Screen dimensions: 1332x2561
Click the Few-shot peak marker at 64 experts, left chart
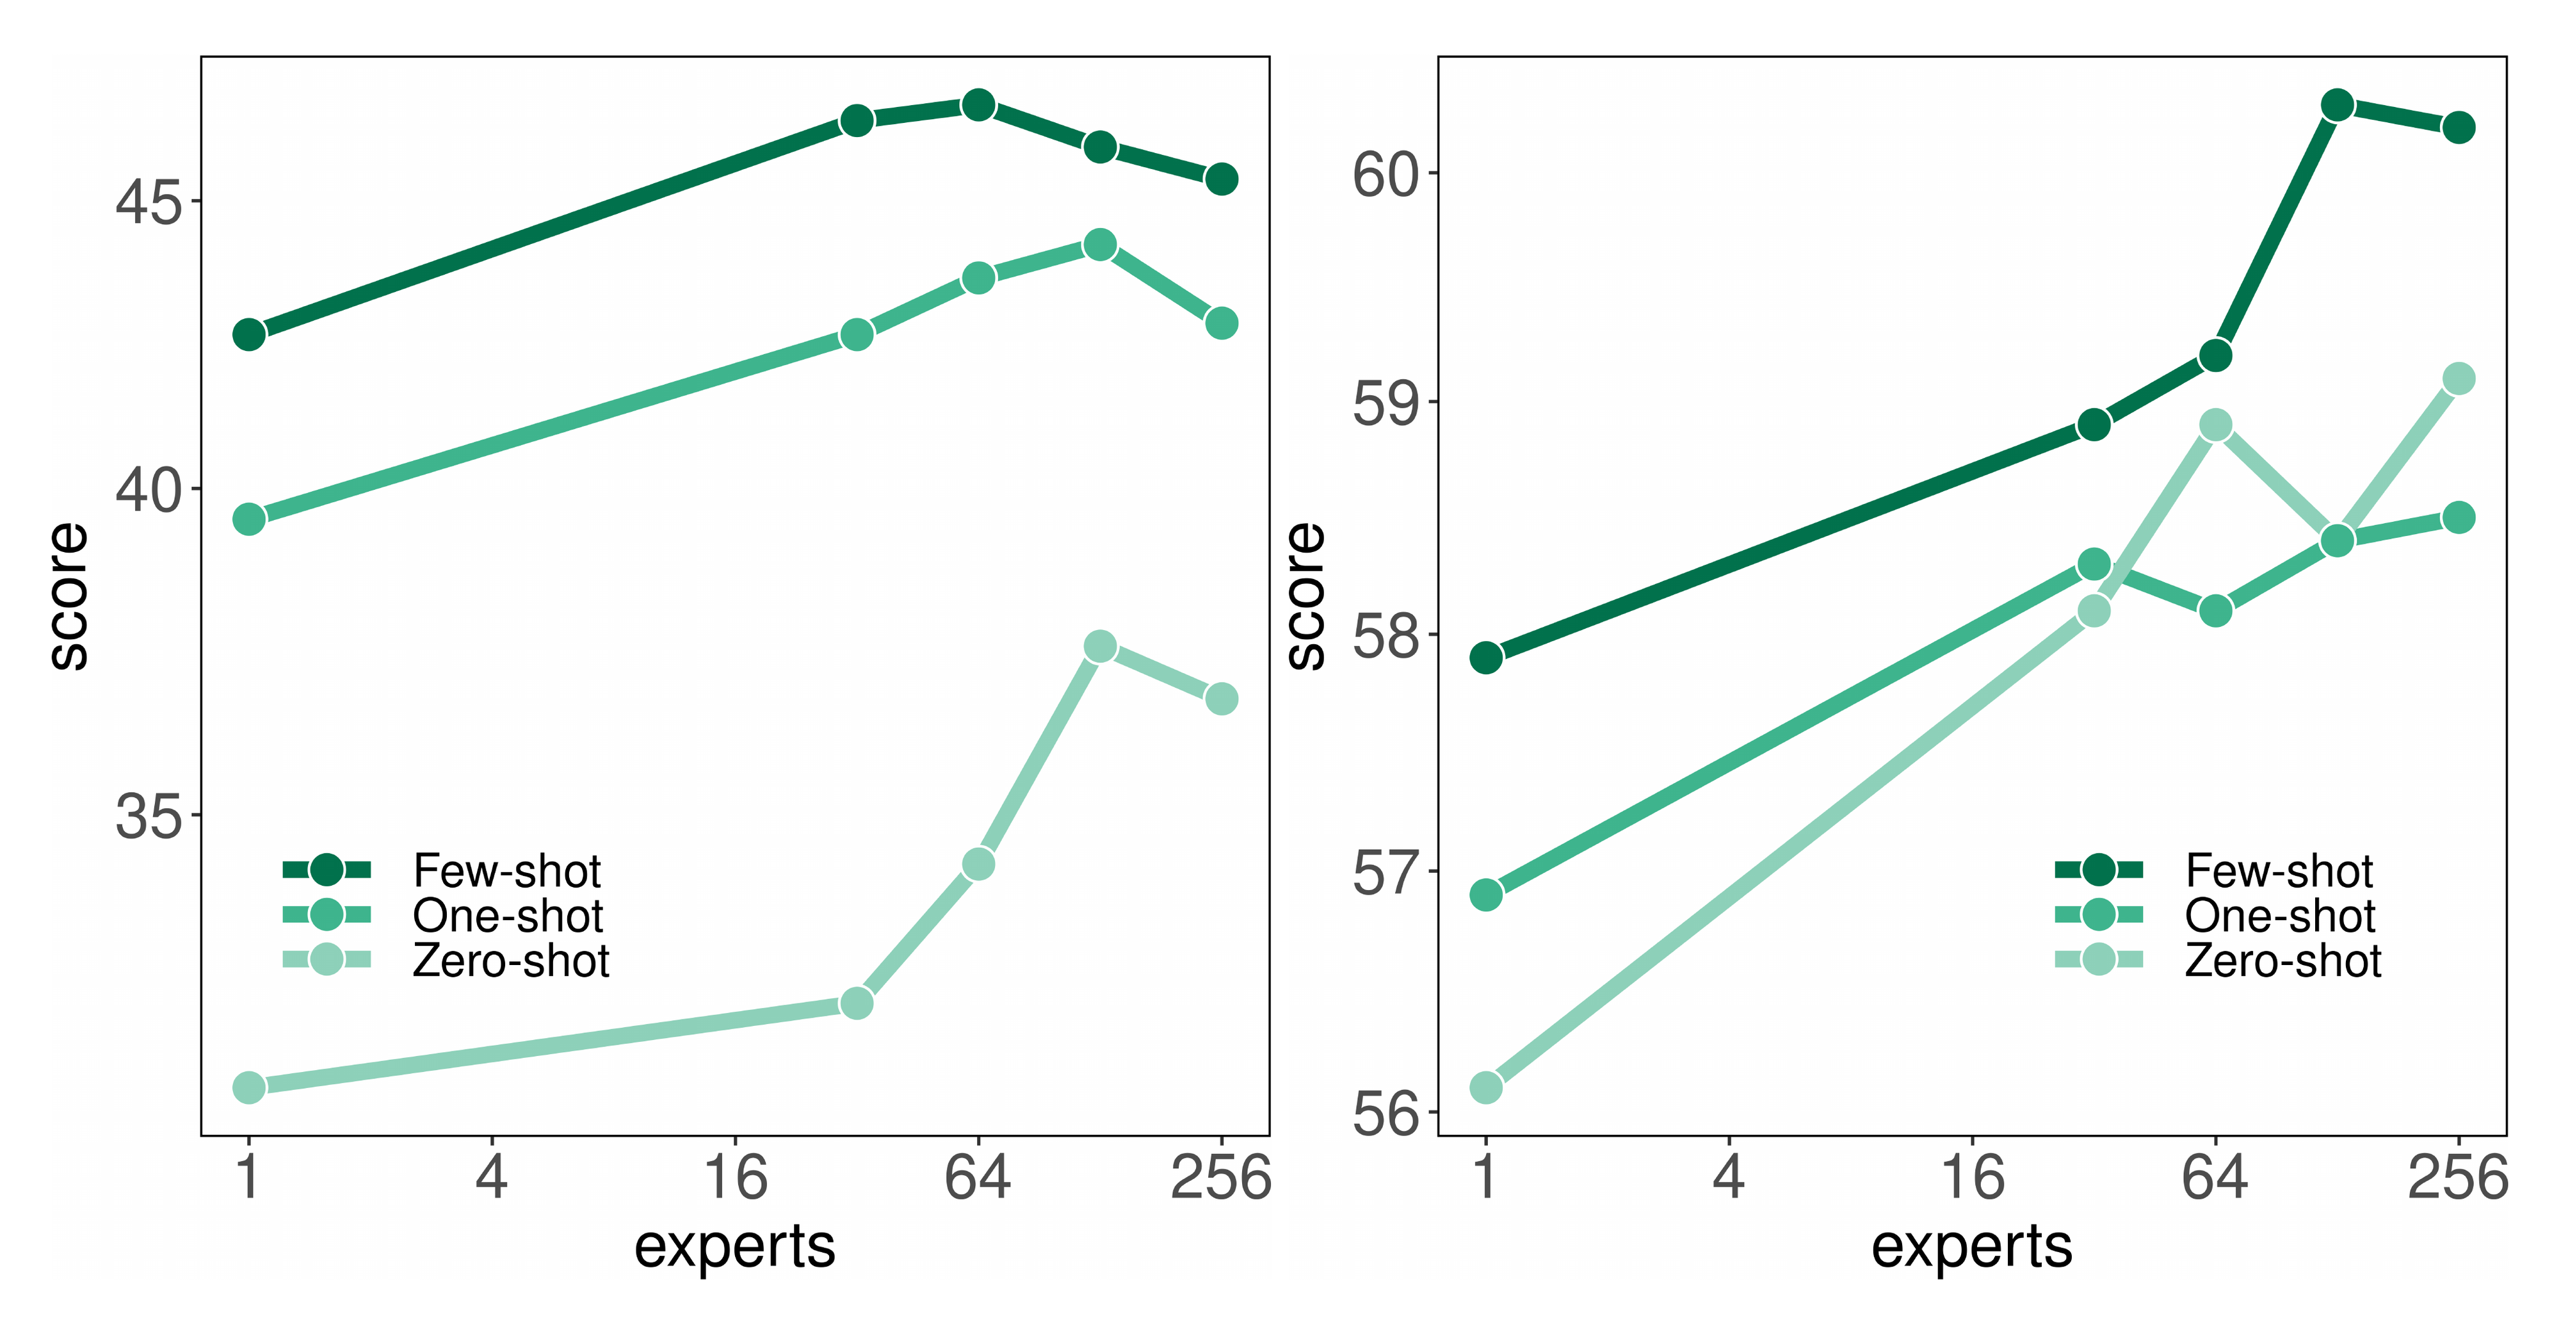pyautogui.click(x=978, y=104)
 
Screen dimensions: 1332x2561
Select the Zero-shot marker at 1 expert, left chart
pyautogui.click(x=248, y=1087)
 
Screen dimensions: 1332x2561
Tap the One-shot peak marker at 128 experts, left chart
pyautogui.click(x=1099, y=245)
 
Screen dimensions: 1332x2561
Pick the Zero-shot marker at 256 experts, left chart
pyautogui.click(x=1222, y=699)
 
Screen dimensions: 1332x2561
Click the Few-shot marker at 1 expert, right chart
pyautogui.click(x=1486, y=657)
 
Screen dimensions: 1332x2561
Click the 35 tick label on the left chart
pyautogui.click(x=149, y=816)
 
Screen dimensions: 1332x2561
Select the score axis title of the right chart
pyautogui.click(x=1305, y=596)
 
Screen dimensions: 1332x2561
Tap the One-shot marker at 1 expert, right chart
pyautogui.click(x=1486, y=895)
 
